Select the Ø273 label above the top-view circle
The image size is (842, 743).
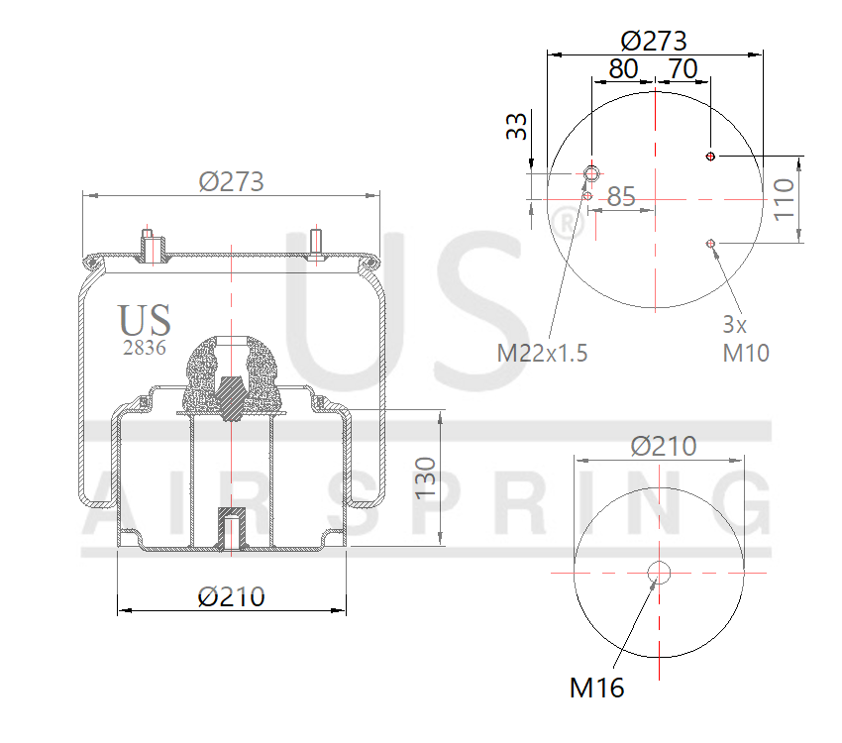654,41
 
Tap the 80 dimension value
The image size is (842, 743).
623,69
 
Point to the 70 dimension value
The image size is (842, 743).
684,69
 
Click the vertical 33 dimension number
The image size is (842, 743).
517,127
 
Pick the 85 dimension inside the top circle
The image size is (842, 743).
621,197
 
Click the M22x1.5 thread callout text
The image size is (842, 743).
543,353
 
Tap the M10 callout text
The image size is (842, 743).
745,352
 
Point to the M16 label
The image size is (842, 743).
597,688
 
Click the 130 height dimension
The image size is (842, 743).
425,478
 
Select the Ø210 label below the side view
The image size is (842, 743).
231,597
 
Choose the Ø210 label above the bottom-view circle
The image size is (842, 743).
664,447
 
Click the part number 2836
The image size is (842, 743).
144,348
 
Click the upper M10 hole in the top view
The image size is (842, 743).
711,156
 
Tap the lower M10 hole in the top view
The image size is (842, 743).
711,243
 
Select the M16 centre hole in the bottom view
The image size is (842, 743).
659,573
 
